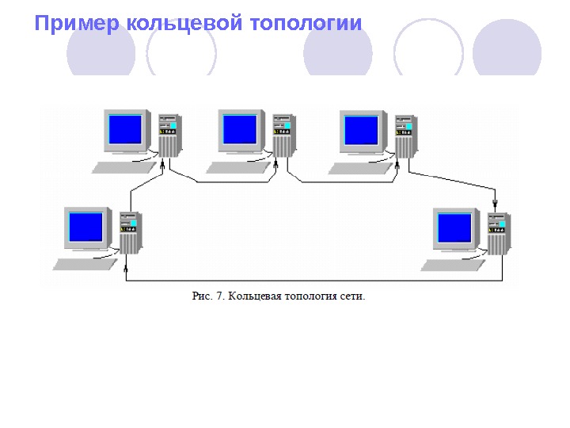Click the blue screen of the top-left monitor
point(126,128)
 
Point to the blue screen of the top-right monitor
point(363,129)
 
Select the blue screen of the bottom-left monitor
point(86,226)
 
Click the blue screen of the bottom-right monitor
point(455,227)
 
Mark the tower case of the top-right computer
point(405,136)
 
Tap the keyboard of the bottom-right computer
point(453,264)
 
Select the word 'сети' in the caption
point(352,297)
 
